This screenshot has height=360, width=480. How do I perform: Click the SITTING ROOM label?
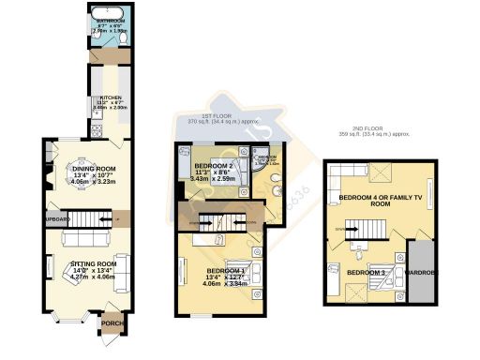point(90,265)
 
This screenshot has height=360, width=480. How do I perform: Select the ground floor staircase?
point(93,219)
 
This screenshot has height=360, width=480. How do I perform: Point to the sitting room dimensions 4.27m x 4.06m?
point(91,277)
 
